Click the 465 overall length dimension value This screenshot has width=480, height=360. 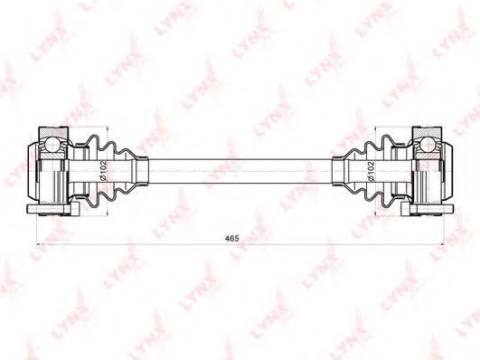click(231, 238)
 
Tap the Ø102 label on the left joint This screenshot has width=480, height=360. click(103, 170)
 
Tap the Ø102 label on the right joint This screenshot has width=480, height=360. click(371, 171)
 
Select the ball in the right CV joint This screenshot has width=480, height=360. click(427, 144)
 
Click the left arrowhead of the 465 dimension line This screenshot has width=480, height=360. click(39, 244)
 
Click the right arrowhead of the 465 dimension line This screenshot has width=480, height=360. click(441, 244)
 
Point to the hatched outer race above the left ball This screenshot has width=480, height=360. click(53, 132)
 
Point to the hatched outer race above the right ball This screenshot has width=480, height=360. click(427, 132)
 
